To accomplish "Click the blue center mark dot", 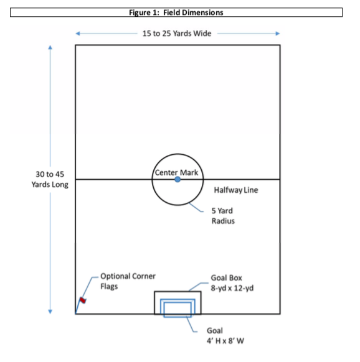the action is [x=178, y=179].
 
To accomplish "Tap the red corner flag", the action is [x=83, y=300].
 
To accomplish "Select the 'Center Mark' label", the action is [x=176, y=172].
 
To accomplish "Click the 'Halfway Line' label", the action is [x=236, y=190].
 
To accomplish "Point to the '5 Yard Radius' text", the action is [x=223, y=216].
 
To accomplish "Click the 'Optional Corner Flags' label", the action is [x=128, y=281].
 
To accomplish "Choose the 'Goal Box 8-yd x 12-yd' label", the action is [x=232, y=283].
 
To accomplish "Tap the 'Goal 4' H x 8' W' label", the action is [x=225, y=336].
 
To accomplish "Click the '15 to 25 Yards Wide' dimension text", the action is [x=177, y=34].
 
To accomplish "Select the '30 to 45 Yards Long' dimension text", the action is [x=50, y=179].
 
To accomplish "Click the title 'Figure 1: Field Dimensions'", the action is [x=176, y=12].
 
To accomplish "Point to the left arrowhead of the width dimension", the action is [x=78, y=34].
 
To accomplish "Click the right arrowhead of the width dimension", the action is [x=278, y=34].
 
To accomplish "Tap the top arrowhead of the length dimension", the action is [x=50, y=47].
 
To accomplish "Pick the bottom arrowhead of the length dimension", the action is [x=50, y=312].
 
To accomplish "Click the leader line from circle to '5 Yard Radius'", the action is [x=196, y=207].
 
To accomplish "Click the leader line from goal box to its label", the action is [x=199, y=287].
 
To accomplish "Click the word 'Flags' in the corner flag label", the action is [x=109, y=287].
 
